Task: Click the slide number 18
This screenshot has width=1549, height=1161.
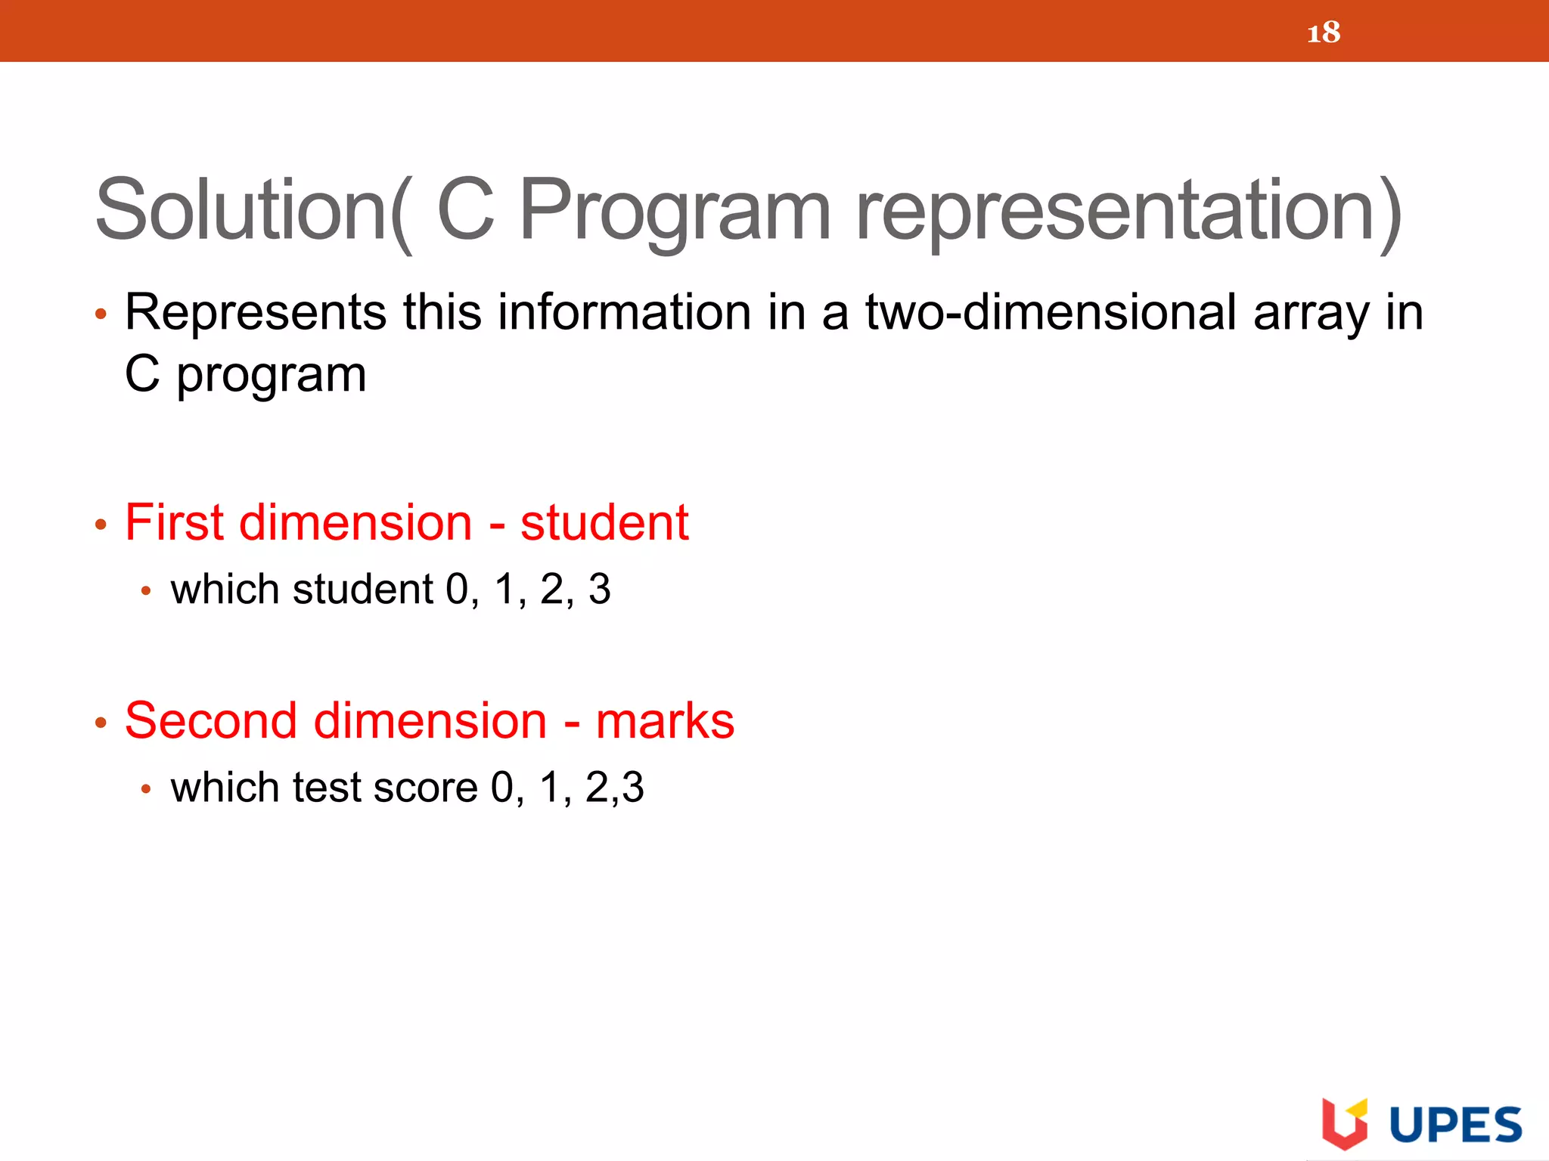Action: pyautogui.click(x=1323, y=33)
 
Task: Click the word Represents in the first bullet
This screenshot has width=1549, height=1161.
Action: pyautogui.click(x=256, y=312)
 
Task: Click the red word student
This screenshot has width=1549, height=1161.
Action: pyautogui.click(x=604, y=522)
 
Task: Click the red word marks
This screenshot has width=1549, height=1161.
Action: pyautogui.click(x=665, y=722)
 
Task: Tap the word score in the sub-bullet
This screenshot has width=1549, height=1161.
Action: pyautogui.click(x=425, y=788)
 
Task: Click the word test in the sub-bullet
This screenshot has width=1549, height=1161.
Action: pyautogui.click(x=327, y=788)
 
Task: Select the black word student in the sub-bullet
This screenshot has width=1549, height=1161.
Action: pyautogui.click(x=363, y=590)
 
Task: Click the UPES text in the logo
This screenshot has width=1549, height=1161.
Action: pyautogui.click(x=1456, y=1125)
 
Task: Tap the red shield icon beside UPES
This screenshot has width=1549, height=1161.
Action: pyautogui.click(x=1343, y=1123)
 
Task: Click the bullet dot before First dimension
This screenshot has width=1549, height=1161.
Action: pyautogui.click(x=101, y=525)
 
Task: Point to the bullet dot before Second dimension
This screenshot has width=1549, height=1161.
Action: pyautogui.click(x=101, y=723)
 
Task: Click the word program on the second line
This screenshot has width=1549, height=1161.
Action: pyautogui.click(x=271, y=376)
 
